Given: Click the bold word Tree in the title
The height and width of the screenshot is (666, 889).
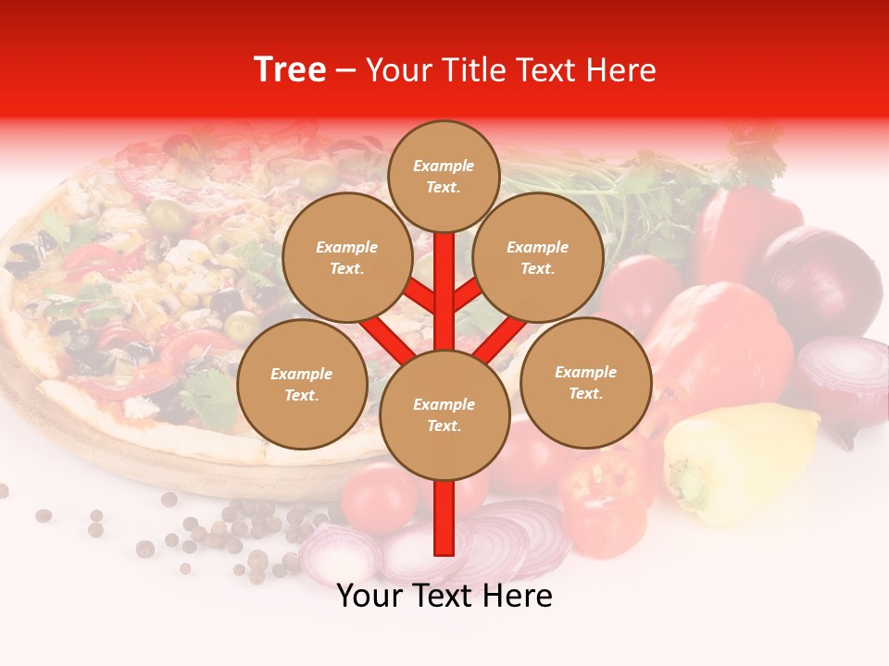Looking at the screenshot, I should [290, 70].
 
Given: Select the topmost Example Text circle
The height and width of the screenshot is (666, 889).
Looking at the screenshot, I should [444, 176].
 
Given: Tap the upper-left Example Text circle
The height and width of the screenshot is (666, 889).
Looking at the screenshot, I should [347, 258].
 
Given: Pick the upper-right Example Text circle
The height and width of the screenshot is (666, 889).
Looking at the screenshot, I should [538, 258].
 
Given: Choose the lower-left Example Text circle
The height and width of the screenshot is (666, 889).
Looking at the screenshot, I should [302, 385].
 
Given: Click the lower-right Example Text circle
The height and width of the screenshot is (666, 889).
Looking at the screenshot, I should [586, 383].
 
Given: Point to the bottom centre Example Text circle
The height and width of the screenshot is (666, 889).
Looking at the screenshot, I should [444, 415].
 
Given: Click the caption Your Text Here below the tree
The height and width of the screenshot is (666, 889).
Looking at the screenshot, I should [444, 597].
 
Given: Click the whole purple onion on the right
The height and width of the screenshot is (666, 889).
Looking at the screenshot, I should [820, 278].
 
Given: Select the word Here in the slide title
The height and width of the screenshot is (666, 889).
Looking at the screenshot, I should [621, 70].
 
